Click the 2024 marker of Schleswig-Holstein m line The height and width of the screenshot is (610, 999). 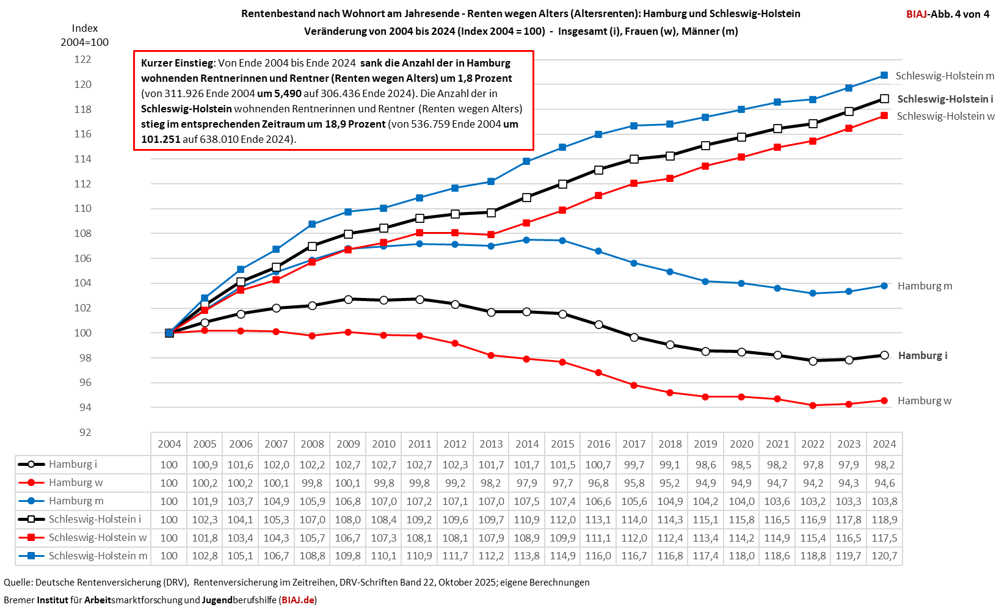pyautogui.click(x=884, y=76)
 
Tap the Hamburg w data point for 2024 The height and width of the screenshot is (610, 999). pyautogui.click(x=884, y=401)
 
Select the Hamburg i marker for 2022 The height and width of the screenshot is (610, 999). pyautogui.click(x=813, y=361)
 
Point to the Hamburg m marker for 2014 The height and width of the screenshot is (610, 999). pyautogui.click(x=527, y=240)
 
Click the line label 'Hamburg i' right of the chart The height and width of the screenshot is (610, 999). pyautogui.click(x=923, y=355)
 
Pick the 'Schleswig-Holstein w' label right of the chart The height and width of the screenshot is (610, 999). pyautogui.click(x=945, y=116)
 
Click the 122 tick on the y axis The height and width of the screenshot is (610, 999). pyautogui.click(x=82, y=59)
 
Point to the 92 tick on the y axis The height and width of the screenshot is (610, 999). pyautogui.click(x=85, y=432)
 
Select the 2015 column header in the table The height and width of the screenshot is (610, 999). pyautogui.click(x=562, y=444)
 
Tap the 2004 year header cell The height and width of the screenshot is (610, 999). pyautogui.click(x=169, y=444)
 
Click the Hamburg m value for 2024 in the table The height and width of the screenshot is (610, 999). pyautogui.click(x=884, y=501)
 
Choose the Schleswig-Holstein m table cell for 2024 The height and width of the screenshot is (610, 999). pyautogui.click(x=884, y=556)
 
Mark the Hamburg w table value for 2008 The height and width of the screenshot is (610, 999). pyautogui.click(x=312, y=483)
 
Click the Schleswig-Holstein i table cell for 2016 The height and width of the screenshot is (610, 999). pyautogui.click(x=598, y=520)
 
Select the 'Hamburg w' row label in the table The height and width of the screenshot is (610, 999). pyautogui.click(x=76, y=483)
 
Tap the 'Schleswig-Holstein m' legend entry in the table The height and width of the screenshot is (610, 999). pyautogui.click(x=98, y=556)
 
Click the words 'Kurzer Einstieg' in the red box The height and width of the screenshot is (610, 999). pyautogui.click(x=177, y=63)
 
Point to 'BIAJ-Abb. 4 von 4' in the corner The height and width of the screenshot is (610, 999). pyautogui.click(x=948, y=14)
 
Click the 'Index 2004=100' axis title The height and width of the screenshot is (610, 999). pyautogui.click(x=84, y=35)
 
